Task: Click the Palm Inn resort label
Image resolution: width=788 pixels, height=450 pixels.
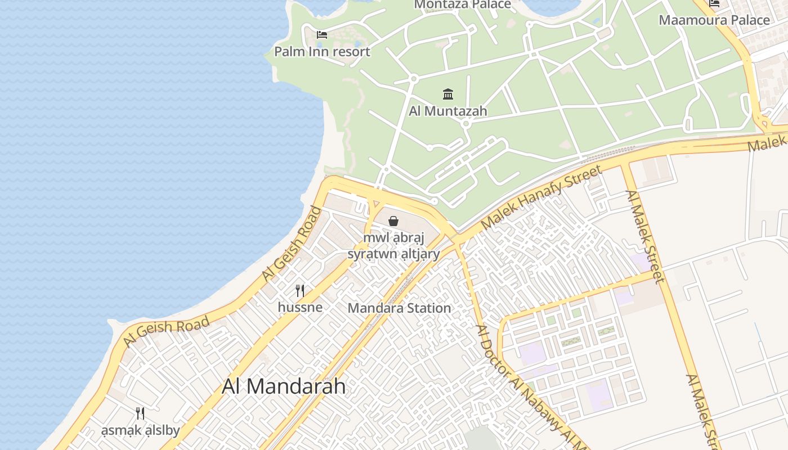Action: [322, 52]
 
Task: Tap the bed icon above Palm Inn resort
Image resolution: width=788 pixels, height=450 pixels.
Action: [322, 35]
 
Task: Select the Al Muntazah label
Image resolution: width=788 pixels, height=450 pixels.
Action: [448, 111]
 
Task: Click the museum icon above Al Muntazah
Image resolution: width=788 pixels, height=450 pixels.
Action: [448, 94]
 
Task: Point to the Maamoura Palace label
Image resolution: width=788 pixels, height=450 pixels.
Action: [714, 20]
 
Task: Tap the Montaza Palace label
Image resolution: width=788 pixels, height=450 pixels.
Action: [463, 4]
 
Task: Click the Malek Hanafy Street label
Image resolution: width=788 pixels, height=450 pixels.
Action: [541, 197]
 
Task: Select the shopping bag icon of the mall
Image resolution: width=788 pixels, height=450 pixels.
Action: [393, 221]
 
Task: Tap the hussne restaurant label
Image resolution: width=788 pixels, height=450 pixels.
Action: [300, 307]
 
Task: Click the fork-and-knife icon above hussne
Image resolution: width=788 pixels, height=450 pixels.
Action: [300, 291]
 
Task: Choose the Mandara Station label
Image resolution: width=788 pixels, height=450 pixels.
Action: [399, 308]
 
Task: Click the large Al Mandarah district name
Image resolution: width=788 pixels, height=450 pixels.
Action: [284, 386]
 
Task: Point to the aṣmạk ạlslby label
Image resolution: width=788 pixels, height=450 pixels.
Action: [140, 431]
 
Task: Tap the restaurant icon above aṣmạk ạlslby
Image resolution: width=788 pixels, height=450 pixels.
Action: [140, 413]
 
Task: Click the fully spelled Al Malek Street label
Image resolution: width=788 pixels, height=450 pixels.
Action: [645, 236]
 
